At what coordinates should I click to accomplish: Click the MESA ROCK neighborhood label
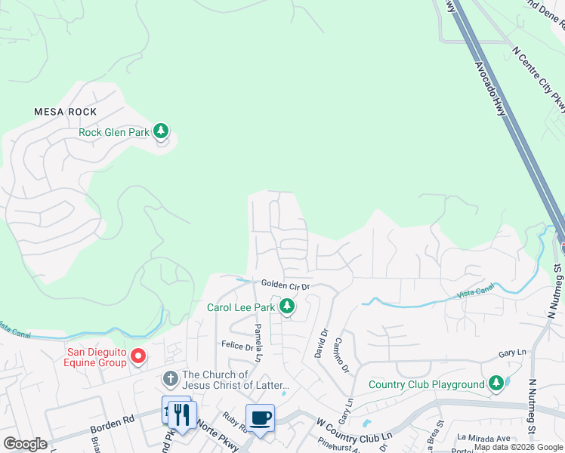(x=66, y=112)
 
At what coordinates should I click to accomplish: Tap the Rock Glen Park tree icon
(x=160, y=132)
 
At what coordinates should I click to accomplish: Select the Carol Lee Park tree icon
(x=286, y=306)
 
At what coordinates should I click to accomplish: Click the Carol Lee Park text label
(x=240, y=307)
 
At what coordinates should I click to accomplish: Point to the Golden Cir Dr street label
(x=286, y=285)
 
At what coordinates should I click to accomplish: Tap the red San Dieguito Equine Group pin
(x=137, y=355)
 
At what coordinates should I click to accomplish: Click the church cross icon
(x=171, y=378)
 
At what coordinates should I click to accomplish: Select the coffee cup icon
(x=261, y=418)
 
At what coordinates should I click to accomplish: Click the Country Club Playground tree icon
(x=496, y=384)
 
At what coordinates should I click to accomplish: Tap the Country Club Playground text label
(x=426, y=384)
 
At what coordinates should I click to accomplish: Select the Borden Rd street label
(x=111, y=427)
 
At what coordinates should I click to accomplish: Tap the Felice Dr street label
(x=236, y=346)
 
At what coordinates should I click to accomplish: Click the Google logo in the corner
(x=25, y=444)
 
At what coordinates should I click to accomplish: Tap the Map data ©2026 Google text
(x=518, y=447)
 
